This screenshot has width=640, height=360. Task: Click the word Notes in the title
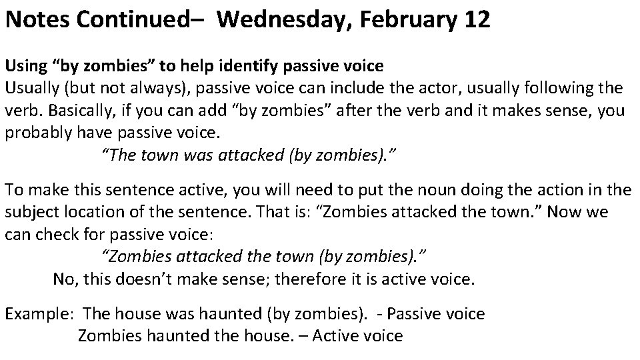[x=37, y=19]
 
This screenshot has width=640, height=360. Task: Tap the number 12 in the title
[x=476, y=19]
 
